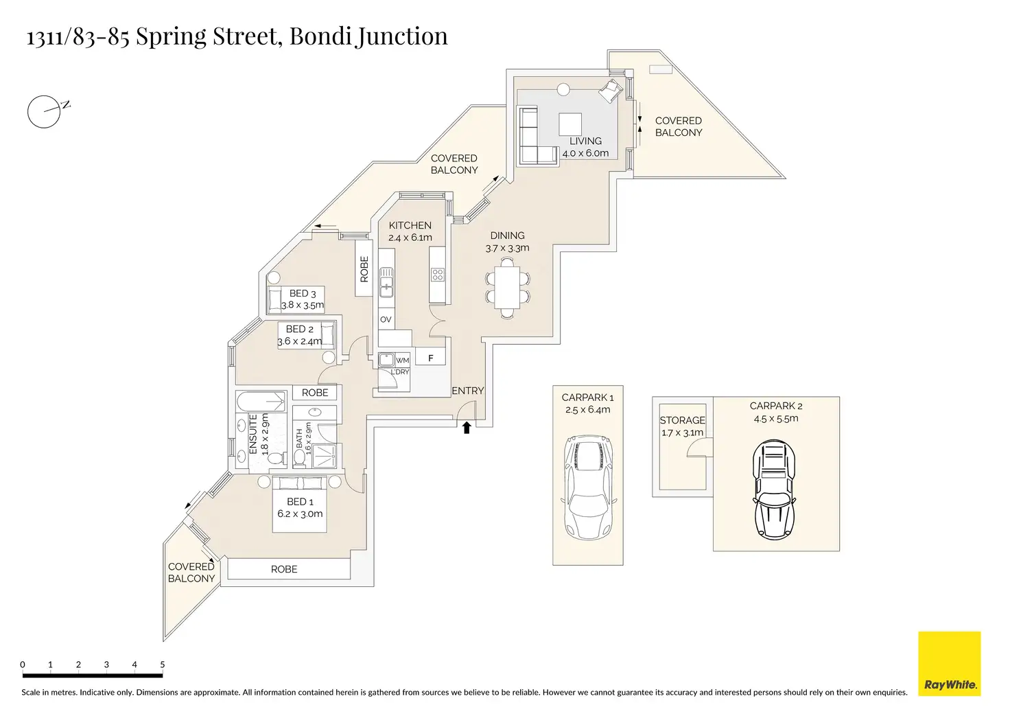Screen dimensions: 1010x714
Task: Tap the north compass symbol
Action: click(x=48, y=111)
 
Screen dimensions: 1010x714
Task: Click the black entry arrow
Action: click(x=466, y=427)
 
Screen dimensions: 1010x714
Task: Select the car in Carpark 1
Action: click(x=589, y=487)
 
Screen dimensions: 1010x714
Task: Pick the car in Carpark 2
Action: click(x=774, y=490)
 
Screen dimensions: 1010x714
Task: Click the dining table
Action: click(x=507, y=288)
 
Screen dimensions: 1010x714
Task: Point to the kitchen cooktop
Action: click(x=437, y=274)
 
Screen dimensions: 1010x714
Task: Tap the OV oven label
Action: click(x=386, y=319)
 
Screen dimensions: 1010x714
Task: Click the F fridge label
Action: click(x=431, y=358)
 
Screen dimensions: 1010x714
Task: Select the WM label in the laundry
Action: click(x=403, y=360)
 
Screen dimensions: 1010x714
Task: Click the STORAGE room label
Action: click(x=682, y=420)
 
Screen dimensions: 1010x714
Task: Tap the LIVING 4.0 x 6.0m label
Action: click(x=585, y=147)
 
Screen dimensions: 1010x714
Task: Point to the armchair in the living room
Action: click(x=611, y=91)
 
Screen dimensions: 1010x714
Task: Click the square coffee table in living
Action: click(x=570, y=124)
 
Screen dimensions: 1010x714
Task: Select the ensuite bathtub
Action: click(x=261, y=402)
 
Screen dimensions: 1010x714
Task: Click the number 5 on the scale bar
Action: click(x=163, y=665)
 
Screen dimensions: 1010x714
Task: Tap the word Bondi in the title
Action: click(x=320, y=36)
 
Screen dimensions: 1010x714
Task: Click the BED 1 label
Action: click(x=300, y=502)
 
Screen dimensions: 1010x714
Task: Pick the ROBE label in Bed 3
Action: click(x=364, y=269)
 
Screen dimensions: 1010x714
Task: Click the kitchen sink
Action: click(x=386, y=282)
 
